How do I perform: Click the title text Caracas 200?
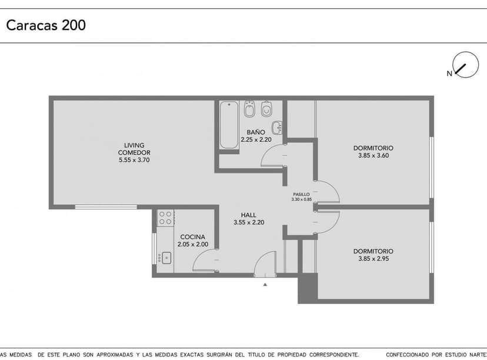46,25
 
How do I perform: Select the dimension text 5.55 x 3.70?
134,160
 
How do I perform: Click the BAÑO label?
256,132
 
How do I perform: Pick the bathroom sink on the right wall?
278,126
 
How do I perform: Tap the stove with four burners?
165,218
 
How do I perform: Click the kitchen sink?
165,257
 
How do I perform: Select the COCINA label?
193,237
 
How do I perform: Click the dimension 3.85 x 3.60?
373,156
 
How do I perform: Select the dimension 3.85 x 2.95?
373,258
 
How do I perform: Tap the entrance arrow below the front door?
265,284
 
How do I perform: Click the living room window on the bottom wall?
106,206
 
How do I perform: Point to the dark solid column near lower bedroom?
307,288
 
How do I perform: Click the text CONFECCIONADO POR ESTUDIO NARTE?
435,355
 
